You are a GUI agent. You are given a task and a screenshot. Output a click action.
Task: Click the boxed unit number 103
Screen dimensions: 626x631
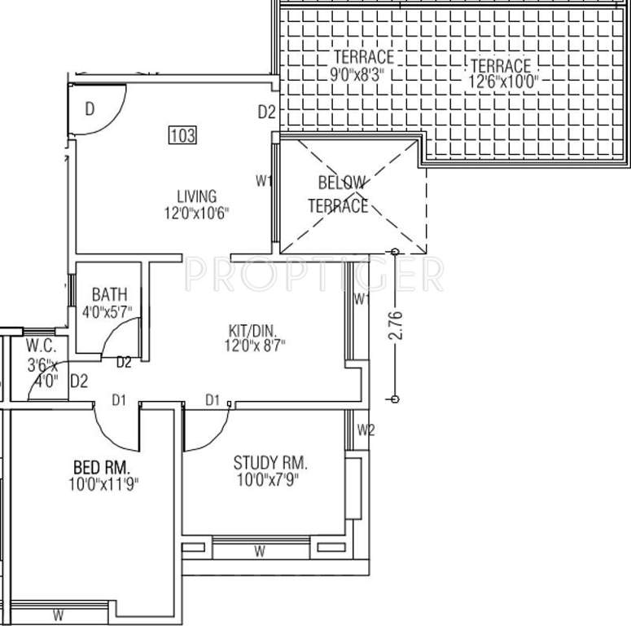(x=182, y=136)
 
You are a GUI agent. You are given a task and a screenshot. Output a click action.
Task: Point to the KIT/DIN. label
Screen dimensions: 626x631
(x=252, y=331)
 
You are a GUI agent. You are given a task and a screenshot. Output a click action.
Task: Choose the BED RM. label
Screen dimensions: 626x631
(x=102, y=468)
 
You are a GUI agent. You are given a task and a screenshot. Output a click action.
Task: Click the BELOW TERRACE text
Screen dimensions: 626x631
(x=343, y=194)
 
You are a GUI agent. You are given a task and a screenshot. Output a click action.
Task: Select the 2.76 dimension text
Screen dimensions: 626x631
(x=395, y=324)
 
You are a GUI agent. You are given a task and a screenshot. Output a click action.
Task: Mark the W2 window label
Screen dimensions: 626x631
(x=366, y=430)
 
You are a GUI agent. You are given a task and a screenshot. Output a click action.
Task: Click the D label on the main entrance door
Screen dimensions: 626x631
(x=90, y=110)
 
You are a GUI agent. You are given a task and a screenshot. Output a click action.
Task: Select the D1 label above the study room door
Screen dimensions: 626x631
(x=213, y=399)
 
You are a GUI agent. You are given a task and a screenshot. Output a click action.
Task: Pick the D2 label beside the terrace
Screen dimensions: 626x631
(x=267, y=112)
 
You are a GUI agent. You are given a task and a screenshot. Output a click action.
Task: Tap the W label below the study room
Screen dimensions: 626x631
(x=259, y=552)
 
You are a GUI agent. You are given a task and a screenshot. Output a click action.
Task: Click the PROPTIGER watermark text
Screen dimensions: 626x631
(x=314, y=275)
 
